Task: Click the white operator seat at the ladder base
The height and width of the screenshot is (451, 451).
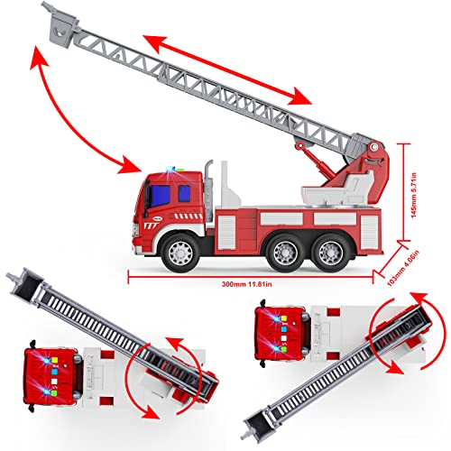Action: [318, 192]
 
